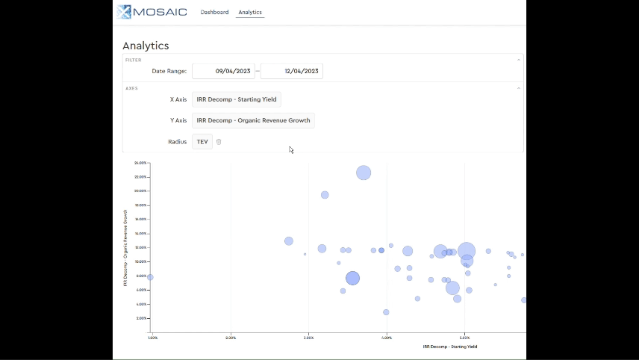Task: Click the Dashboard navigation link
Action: (x=214, y=12)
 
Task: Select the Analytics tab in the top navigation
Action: (x=250, y=12)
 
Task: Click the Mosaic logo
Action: (x=152, y=12)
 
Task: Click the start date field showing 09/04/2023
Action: (x=223, y=71)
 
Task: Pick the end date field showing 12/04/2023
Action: (x=292, y=71)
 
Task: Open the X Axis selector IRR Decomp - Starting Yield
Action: (x=237, y=99)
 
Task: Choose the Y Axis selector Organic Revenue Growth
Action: (x=253, y=120)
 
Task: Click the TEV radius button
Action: (x=202, y=141)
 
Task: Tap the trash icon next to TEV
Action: (x=219, y=141)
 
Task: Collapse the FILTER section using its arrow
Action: (x=519, y=60)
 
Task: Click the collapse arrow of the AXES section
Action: (x=519, y=88)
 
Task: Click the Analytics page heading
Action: (x=146, y=46)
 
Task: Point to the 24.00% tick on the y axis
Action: (x=140, y=162)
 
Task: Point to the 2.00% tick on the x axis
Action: (x=231, y=338)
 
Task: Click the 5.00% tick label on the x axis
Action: (x=464, y=338)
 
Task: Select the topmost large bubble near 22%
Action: (x=364, y=173)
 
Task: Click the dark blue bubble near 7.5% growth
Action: (x=352, y=278)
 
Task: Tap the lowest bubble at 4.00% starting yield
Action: (x=386, y=312)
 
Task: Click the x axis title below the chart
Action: (x=449, y=347)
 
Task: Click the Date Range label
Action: (x=169, y=71)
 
